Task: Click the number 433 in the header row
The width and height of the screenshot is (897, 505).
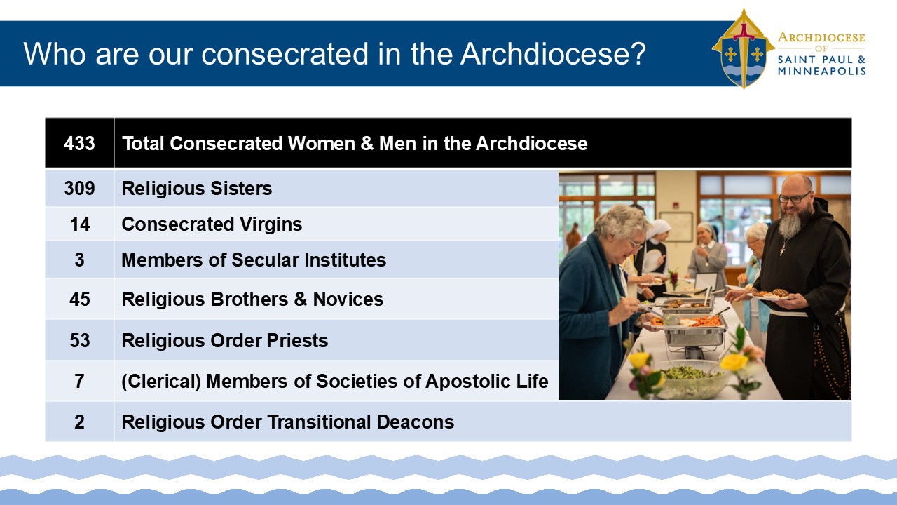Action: (79, 144)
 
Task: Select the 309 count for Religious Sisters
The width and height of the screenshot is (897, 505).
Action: (79, 189)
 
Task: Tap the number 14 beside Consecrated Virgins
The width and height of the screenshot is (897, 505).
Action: (80, 224)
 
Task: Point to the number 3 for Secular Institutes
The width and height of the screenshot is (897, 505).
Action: (79, 260)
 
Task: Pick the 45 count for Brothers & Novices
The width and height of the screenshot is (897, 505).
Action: (80, 299)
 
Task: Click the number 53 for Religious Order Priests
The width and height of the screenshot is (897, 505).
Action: (80, 340)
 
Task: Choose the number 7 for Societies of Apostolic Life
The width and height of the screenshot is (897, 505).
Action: (79, 381)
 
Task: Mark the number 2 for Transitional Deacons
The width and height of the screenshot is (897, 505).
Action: (79, 422)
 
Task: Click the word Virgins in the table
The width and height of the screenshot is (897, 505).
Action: (271, 224)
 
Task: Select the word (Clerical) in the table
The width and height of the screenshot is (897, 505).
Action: (161, 381)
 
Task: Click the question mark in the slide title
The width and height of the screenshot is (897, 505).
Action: (637, 53)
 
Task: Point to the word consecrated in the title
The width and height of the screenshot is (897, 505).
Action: (285, 53)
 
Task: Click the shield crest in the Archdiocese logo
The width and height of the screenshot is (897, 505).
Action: (744, 49)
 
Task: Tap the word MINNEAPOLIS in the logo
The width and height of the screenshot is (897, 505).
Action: (821, 72)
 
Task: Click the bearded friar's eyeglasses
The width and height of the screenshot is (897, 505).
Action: (795, 198)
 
